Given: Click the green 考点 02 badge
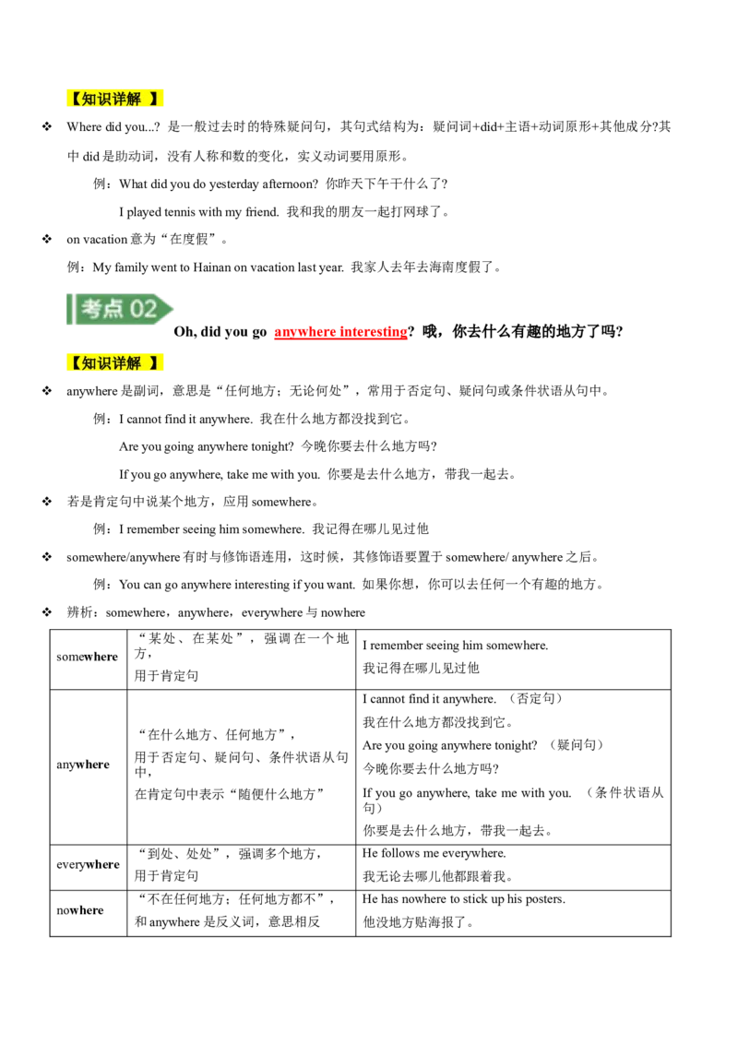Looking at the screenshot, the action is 120,309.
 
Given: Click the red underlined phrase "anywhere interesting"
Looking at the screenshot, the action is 340,332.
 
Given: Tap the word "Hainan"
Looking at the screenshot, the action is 212,267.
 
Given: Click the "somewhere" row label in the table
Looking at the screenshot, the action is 88,657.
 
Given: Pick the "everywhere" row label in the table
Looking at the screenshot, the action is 88,864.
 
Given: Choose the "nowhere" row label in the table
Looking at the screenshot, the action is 80,910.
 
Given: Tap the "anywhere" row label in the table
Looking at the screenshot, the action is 83,765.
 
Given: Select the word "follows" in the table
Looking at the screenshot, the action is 401,853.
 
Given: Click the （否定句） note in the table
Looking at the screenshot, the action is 536,698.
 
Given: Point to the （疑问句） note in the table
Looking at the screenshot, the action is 576,745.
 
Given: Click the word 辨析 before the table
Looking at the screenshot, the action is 79,611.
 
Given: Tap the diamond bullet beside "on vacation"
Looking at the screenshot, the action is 47,238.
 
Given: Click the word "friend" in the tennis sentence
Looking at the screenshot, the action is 260,212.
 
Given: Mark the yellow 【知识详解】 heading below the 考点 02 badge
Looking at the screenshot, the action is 114,362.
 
